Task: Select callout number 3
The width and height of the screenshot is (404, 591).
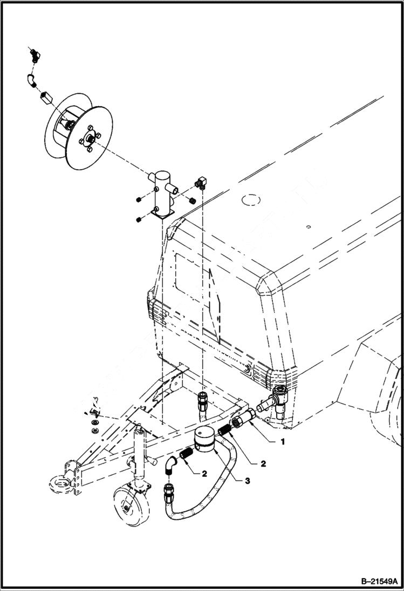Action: point(246,481)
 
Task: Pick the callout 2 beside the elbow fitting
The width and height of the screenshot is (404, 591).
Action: point(204,474)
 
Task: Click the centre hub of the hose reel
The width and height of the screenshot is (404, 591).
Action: point(89,138)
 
